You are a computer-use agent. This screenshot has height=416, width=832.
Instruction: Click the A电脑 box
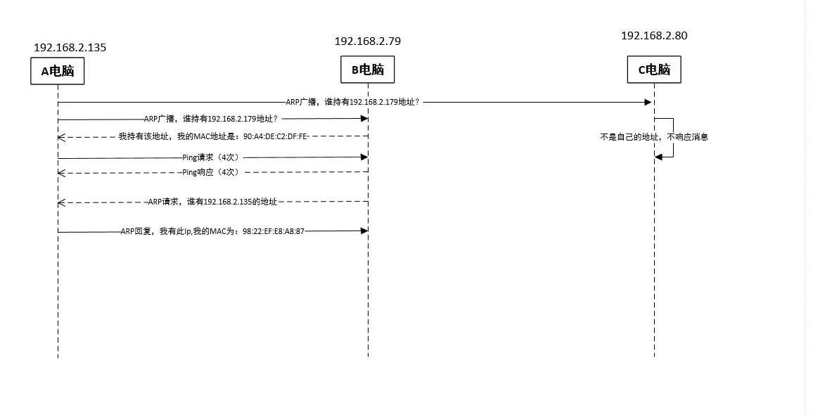58,70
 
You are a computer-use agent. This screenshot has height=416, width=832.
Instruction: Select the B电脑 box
368,70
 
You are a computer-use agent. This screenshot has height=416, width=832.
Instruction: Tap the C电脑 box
654,70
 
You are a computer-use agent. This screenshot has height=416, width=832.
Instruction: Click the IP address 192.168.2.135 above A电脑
70,48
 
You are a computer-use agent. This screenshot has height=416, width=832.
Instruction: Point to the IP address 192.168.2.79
367,41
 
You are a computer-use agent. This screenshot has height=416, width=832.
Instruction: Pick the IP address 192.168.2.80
654,35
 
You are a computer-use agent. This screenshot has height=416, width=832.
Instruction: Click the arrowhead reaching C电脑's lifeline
648,102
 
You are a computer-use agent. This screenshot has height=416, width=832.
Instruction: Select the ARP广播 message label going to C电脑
352,102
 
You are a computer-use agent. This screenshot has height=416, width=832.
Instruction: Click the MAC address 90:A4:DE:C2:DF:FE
275,136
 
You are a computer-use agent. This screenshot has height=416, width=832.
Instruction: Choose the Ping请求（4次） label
211,157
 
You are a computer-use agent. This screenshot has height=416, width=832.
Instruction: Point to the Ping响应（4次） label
211,172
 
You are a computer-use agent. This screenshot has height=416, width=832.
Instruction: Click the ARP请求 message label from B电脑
212,202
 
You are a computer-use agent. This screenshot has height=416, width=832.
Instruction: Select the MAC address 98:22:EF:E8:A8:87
274,230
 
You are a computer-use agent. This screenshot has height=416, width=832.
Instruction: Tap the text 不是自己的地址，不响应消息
654,137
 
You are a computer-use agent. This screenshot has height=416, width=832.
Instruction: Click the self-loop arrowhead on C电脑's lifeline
658,157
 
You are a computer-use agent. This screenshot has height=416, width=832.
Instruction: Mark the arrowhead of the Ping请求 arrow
364,157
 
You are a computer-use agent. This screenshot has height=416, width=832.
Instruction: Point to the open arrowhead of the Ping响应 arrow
61,172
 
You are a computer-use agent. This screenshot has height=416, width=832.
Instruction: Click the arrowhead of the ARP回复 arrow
364,230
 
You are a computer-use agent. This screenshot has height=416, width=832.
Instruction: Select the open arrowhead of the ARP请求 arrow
61,202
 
